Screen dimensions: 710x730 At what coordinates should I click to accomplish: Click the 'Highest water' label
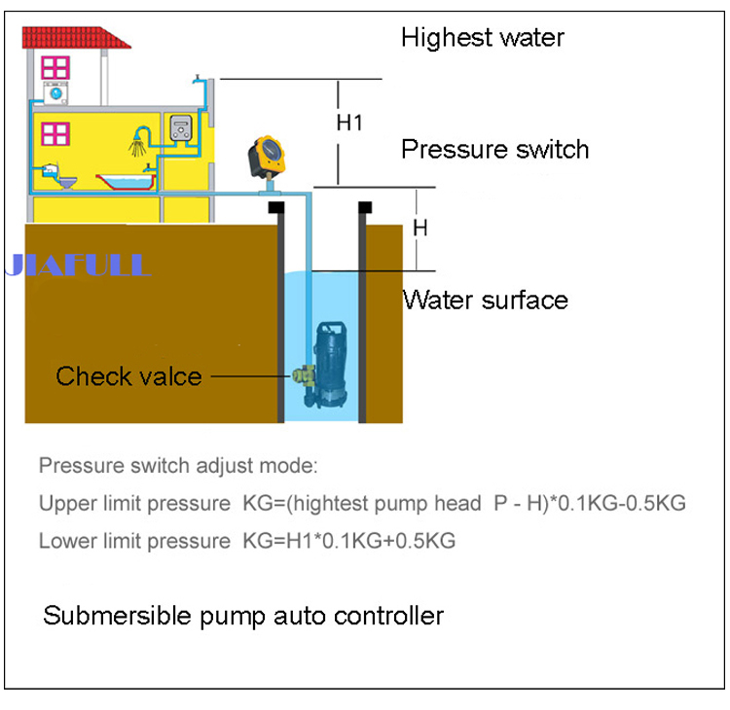[x=482, y=39]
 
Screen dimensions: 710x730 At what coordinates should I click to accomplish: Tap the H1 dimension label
[x=349, y=124]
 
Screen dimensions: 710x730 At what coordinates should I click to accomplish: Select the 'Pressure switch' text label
[x=494, y=150]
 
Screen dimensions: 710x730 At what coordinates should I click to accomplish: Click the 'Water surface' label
[x=485, y=300]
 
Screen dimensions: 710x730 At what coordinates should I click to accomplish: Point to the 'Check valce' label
[x=128, y=376]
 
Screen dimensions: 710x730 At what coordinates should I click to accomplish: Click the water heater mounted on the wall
[x=181, y=127]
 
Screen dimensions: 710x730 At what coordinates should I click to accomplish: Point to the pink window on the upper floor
[x=55, y=66]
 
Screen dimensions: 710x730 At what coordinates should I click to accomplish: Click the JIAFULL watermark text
[x=78, y=265]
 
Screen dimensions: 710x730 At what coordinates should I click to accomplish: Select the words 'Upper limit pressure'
[x=132, y=504]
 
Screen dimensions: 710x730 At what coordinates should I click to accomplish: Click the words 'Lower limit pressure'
[x=132, y=541]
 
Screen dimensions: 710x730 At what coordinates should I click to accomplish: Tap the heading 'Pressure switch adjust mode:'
[x=177, y=465]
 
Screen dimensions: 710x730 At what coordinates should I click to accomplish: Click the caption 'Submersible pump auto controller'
[x=243, y=616]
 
